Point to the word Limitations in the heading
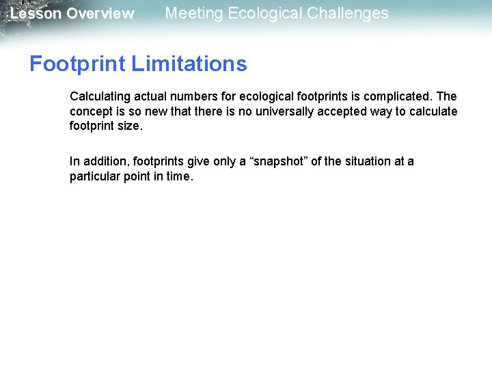pyautogui.click(x=189, y=64)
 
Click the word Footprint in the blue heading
pyautogui.click(x=77, y=64)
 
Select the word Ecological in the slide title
pyautogui.click(x=264, y=13)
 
